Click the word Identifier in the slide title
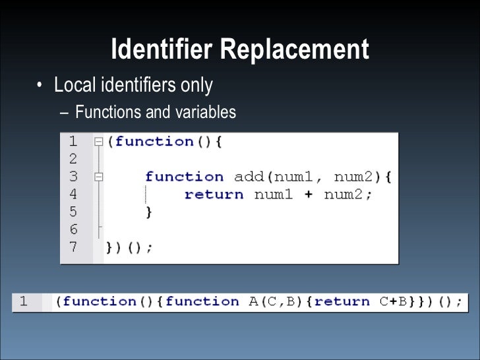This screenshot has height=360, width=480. tap(162, 49)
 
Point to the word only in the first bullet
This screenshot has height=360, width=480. tap(196, 85)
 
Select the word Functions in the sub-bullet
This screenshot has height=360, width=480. tap(108, 112)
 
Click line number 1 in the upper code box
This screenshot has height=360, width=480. tap(73, 141)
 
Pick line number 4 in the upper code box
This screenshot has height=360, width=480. tap(73, 195)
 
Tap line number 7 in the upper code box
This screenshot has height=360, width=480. tap(73, 247)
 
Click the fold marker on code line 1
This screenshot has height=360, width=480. tap(98, 142)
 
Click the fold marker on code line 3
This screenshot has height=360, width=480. tap(98, 177)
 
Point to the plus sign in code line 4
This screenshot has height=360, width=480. tap(308, 195)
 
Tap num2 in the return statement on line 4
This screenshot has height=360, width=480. tap(344, 195)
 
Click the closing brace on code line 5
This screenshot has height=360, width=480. tap(149, 212)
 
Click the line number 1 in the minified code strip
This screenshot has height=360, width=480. tap(24, 302)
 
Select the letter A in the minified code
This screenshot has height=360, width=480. tap(253, 302)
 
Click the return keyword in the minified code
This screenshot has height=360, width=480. tap(343, 302)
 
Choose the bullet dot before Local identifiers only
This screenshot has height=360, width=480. tap(40, 86)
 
